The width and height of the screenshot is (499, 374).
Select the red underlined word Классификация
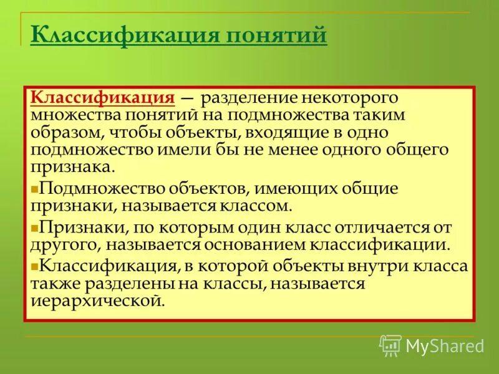(x=102, y=98)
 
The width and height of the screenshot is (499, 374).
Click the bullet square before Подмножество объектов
(x=35, y=189)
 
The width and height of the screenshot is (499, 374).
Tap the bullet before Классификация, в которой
(x=35, y=266)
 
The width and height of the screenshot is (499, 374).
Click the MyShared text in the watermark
(x=445, y=345)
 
